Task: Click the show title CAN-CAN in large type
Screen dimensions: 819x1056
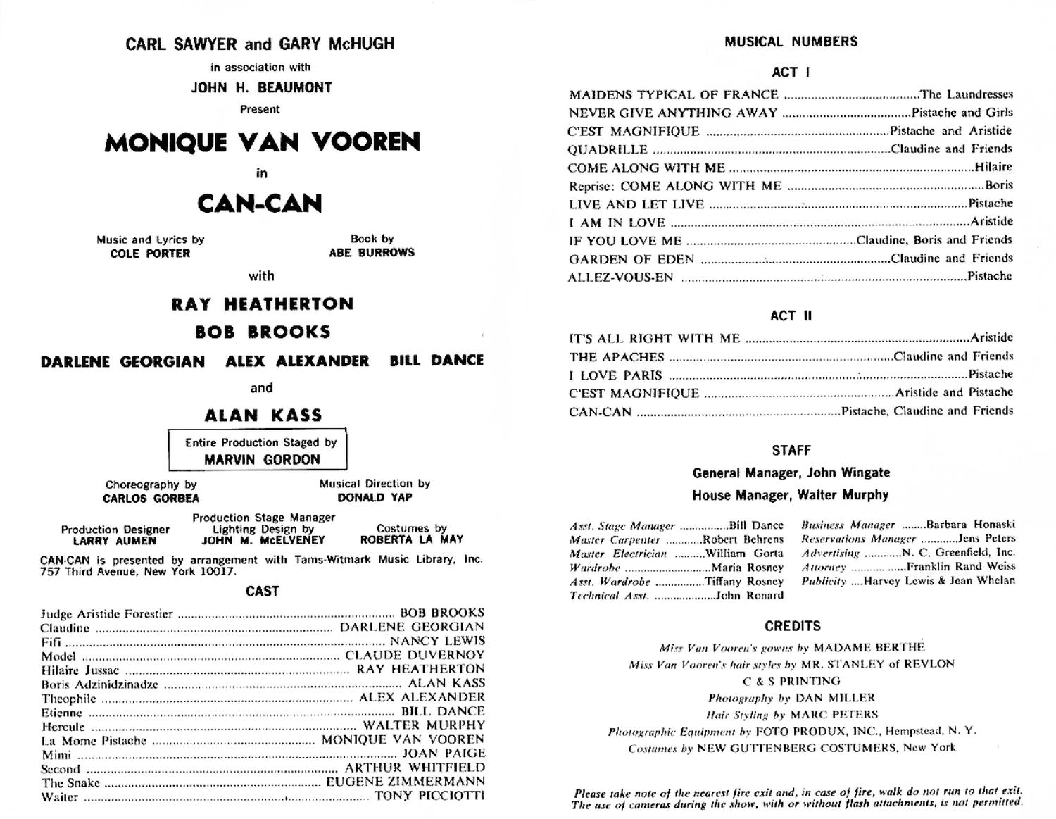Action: [260, 204]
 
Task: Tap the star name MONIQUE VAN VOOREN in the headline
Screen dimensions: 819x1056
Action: [262, 143]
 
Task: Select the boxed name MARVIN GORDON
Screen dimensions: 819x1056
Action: [262, 459]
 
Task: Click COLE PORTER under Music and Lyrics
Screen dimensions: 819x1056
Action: [150, 254]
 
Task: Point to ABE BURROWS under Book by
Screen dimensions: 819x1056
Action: [372, 252]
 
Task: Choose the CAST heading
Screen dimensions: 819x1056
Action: [262, 592]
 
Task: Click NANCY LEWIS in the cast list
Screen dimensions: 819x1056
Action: [437, 641]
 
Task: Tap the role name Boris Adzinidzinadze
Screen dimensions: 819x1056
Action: [99, 684]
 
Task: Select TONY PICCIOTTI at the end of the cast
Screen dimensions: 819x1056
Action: [429, 796]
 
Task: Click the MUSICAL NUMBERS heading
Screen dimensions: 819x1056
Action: [791, 42]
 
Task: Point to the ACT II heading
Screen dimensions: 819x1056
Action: [791, 316]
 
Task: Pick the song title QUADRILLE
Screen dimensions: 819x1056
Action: [608, 149]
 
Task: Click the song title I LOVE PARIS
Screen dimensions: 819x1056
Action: [615, 375]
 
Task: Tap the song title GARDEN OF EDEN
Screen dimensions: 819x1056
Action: [631, 259]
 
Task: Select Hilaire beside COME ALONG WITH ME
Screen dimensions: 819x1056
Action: [993, 168]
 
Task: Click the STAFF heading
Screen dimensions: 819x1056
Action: [791, 451]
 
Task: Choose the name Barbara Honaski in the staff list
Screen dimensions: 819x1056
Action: [970, 525]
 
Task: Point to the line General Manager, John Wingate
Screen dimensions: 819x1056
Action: [791, 473]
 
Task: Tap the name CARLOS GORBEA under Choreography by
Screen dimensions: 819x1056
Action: [151, 499]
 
